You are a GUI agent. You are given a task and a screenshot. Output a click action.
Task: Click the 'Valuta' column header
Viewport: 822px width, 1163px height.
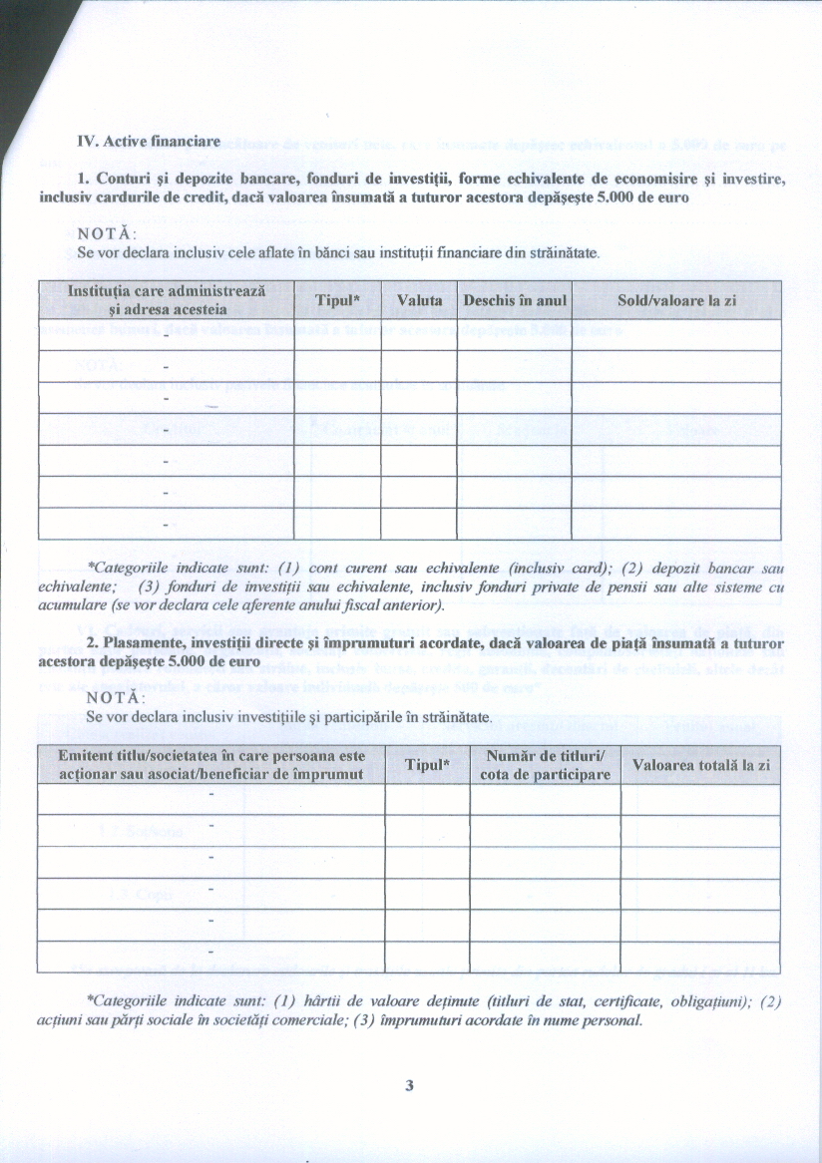(419, 300)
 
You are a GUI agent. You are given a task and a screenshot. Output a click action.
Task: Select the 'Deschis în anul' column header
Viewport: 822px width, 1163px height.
(515, 300)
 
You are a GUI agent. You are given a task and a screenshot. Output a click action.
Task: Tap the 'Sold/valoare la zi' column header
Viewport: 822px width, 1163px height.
(676, 300)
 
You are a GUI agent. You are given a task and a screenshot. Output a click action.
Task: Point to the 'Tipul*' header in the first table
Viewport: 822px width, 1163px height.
(337, 300)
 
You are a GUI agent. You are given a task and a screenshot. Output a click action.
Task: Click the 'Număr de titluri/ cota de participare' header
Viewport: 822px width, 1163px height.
(545, 765)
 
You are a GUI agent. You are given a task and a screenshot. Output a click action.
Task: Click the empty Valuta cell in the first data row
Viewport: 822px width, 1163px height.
(419, 334)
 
